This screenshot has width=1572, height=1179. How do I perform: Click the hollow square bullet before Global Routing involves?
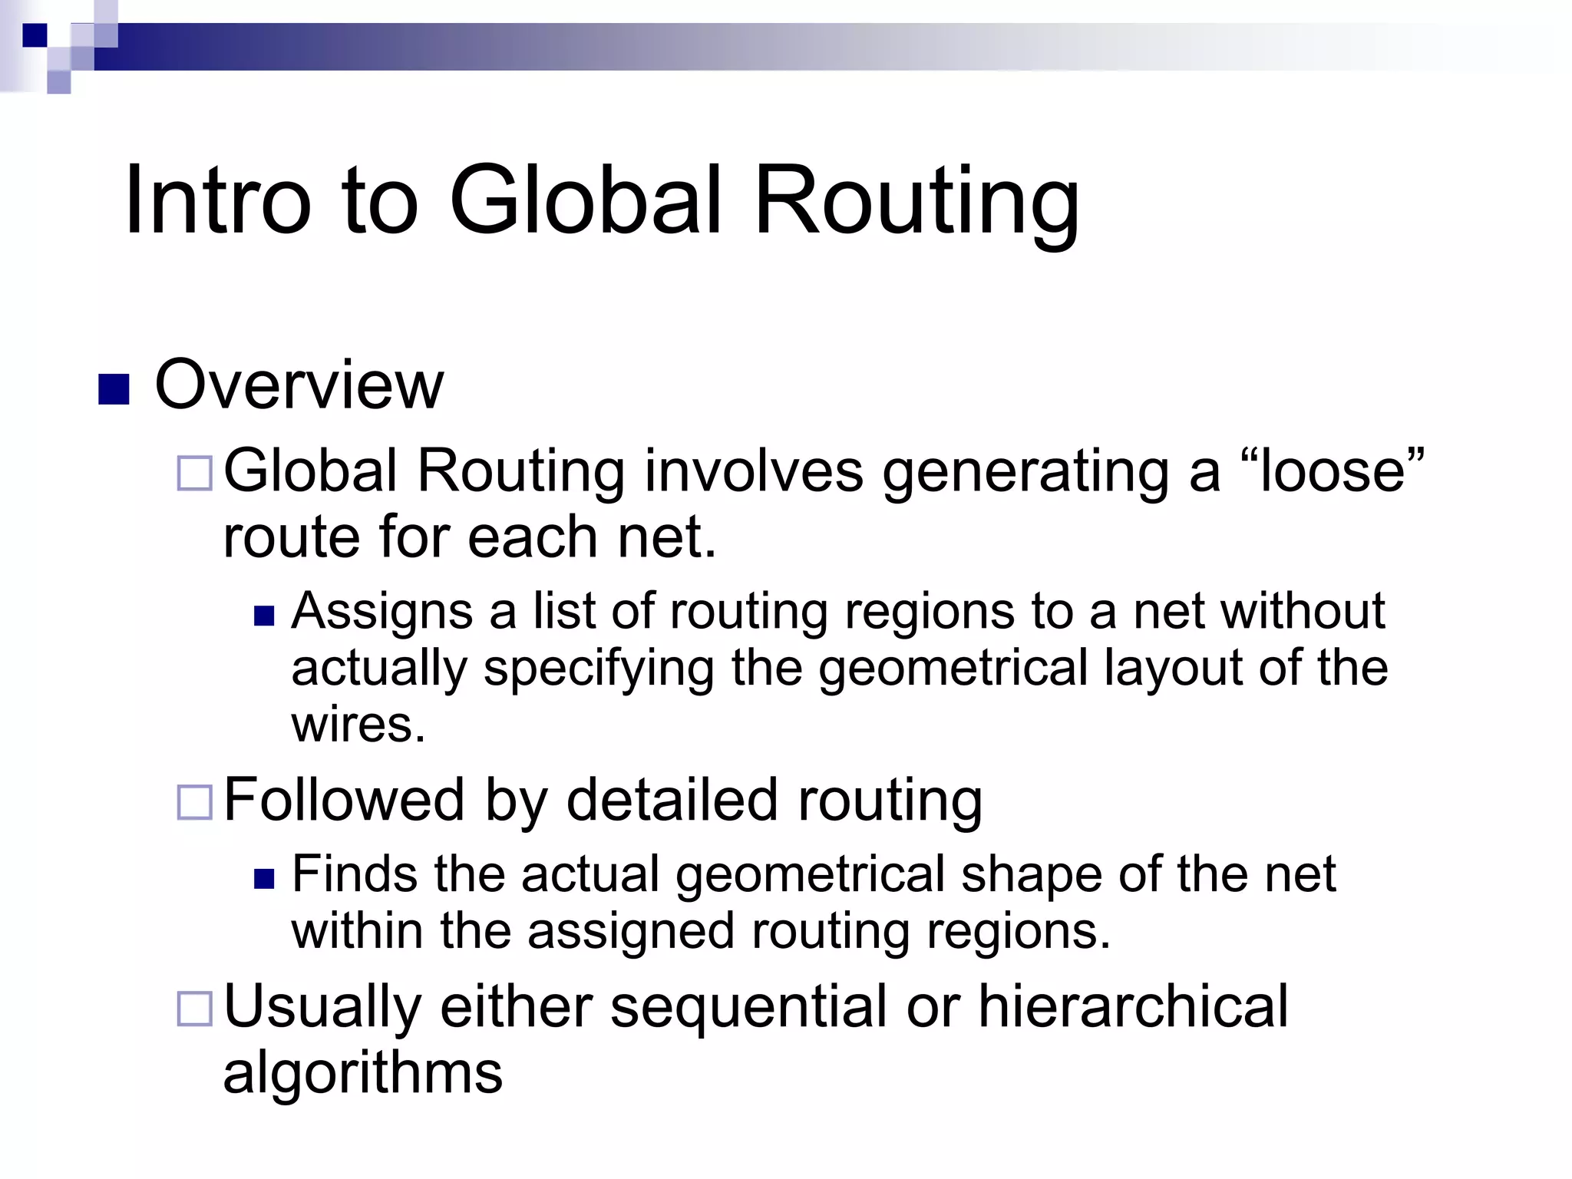click(195, 473)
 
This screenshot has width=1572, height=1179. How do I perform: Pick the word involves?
click(754, 471)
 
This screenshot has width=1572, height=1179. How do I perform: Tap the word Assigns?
click(382, 613)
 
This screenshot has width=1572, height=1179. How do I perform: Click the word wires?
click(358, 725)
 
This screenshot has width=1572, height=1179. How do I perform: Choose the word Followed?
click(344, 800)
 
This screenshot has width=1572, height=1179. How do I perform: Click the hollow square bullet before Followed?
click(195, 803)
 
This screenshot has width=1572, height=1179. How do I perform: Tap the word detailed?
click(672, 800)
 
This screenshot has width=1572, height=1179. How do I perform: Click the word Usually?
click(322, 1007)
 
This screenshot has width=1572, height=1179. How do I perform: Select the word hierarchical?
click(1133, 1007)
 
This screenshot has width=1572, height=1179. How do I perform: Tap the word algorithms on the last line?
click(362, 1073)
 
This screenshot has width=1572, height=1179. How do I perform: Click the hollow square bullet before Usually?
click(195, 1009)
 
